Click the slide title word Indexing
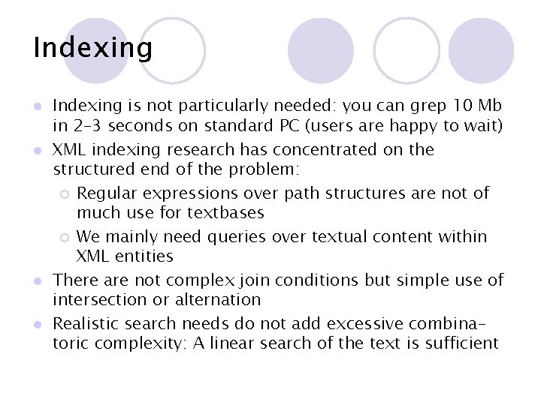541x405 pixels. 92,48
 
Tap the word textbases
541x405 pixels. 225,213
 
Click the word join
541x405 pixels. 252,280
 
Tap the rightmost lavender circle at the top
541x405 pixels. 481,50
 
